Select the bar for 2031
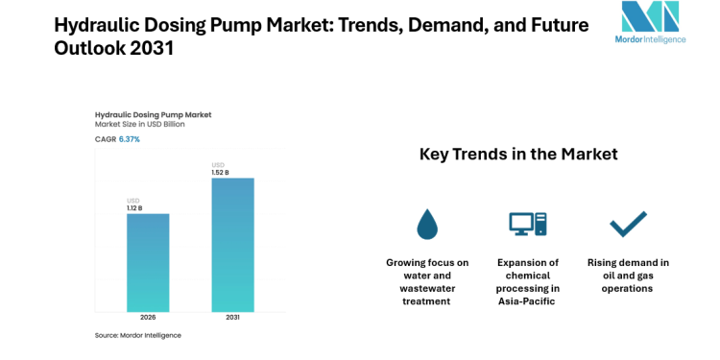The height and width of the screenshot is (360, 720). point(232,244)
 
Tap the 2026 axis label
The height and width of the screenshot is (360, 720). point(148,318)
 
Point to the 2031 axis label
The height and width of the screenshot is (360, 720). point(232,318)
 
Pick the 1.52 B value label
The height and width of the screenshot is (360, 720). point(222,172)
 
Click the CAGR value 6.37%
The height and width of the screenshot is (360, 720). point(129,139)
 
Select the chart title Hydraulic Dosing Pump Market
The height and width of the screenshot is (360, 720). point(153,114)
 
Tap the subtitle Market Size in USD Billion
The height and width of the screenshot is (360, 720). point(139,125)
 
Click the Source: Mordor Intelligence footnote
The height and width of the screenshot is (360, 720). point(137,335)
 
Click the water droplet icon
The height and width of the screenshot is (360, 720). point(427,224)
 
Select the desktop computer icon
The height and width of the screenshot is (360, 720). point(527,224)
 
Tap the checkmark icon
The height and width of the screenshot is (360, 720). point(628,224)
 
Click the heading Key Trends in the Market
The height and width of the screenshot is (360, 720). point(518,154)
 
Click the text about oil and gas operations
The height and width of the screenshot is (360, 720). point(628,276)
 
